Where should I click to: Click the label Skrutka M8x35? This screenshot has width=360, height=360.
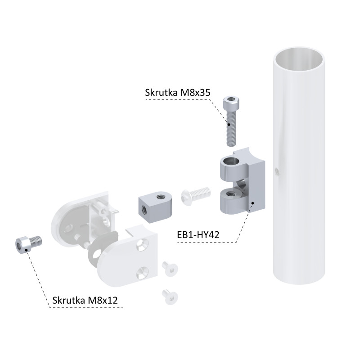pos(177,93)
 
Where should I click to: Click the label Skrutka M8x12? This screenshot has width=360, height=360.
pos(85,300)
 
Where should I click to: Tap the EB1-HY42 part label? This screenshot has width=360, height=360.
pos(198,235)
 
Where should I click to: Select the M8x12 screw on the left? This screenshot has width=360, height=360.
pos(28,244)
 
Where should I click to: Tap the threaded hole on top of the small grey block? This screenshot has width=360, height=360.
pos(159,196)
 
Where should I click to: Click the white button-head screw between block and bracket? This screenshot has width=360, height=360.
pos(196,196)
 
